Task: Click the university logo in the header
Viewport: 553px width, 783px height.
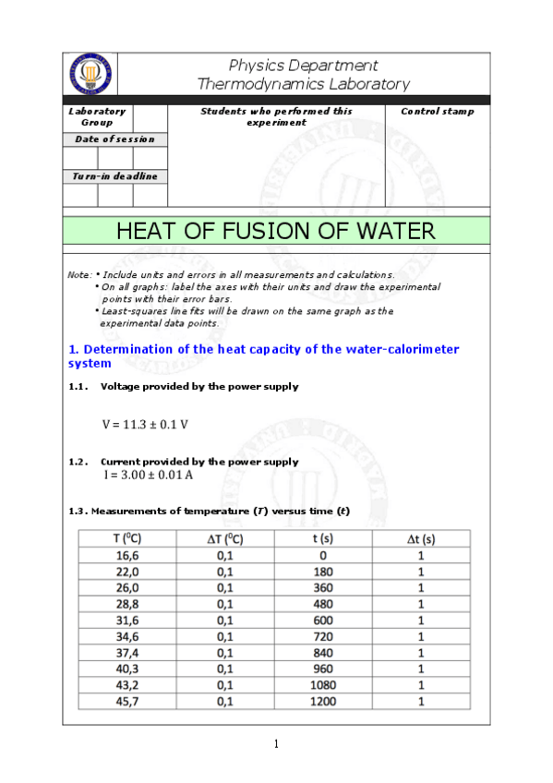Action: tap(90, 73)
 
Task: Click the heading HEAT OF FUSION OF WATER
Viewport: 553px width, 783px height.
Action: tap(276, 231)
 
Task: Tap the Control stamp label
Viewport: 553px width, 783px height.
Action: tap(437, 112)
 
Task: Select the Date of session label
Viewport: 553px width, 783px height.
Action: tap(114, 139)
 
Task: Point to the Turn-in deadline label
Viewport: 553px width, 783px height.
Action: tap(114, 176)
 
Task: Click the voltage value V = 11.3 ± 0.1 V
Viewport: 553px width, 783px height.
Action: tap(145, 425)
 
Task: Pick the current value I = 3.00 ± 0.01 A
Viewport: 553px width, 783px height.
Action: tap(148, 475)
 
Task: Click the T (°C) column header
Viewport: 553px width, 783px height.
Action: tap(126, 538)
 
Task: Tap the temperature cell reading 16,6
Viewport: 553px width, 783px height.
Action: tap(126, 555)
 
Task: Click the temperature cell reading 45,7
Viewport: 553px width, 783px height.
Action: tap(126, 702)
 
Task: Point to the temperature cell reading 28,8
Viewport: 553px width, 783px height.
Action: tap(126, 604)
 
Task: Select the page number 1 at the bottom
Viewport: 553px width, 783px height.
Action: tap(276, 745)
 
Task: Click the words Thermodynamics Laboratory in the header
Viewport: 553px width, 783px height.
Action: tap(304, 84)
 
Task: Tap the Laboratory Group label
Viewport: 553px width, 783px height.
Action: tap(97, 116)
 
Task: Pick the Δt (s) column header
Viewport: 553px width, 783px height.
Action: tap(421, 538)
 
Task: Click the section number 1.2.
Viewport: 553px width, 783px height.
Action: tap(78, 461)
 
